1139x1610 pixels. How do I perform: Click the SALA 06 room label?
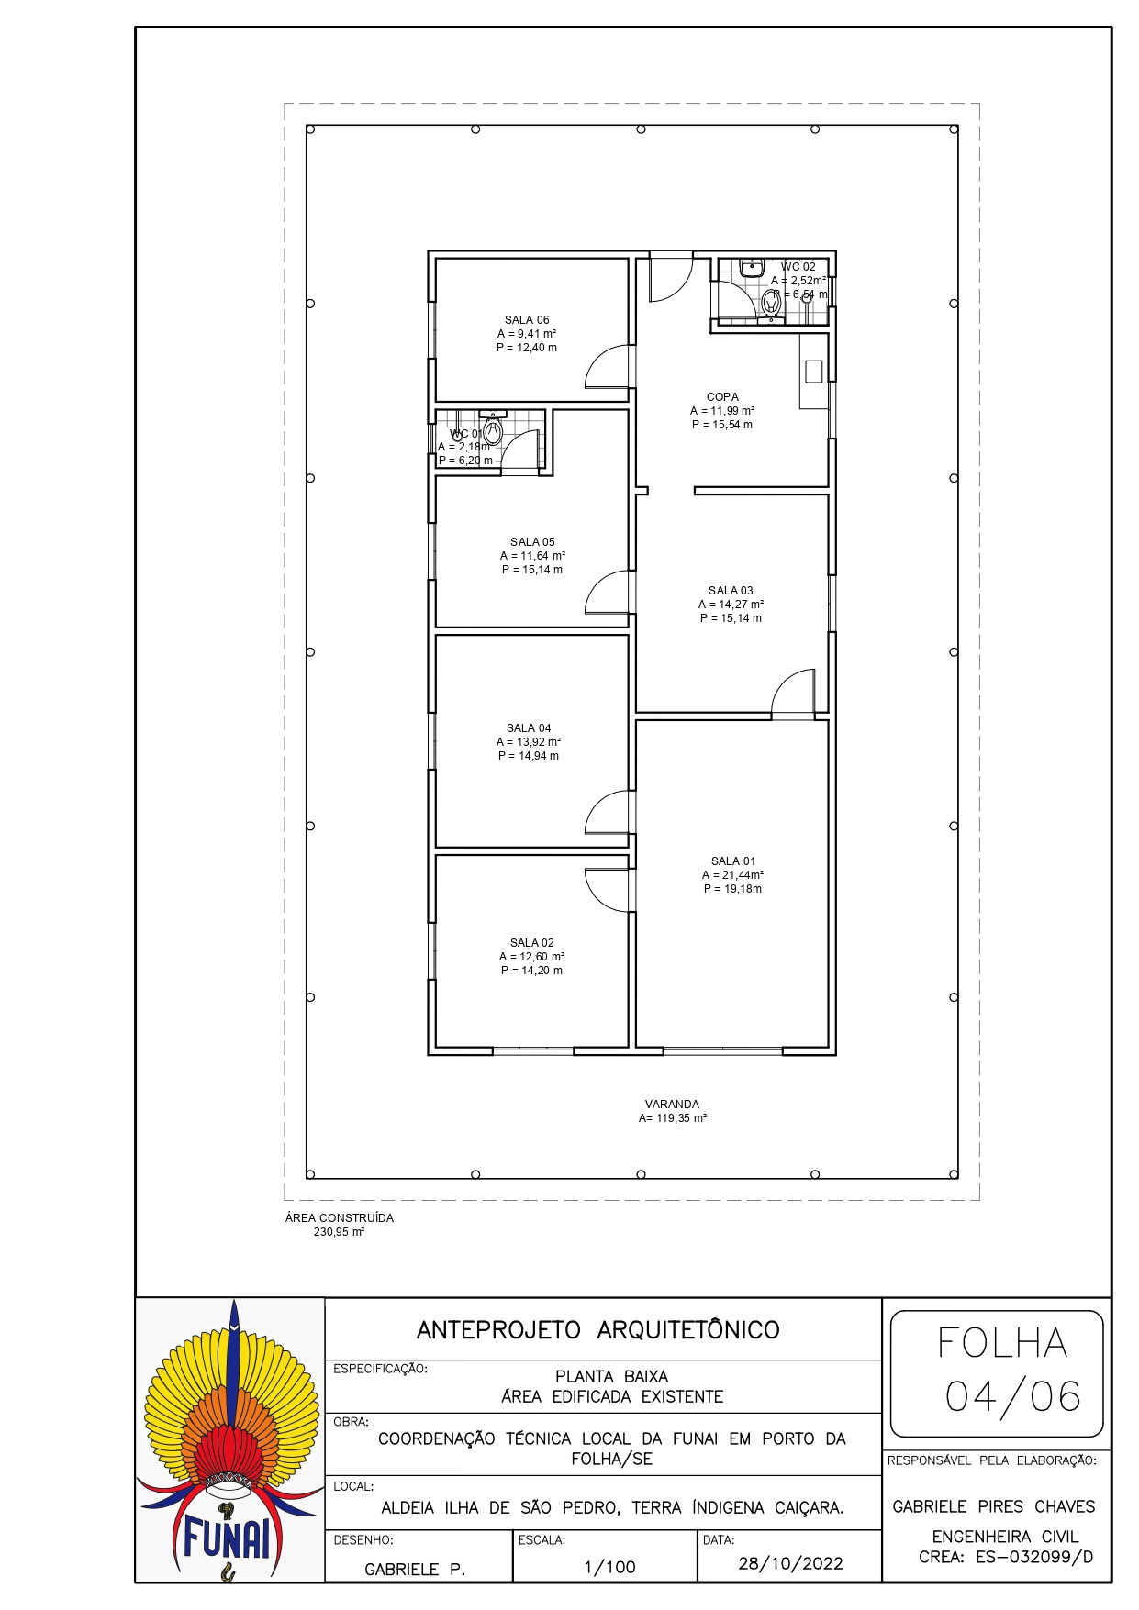527,320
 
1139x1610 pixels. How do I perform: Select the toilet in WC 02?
771,304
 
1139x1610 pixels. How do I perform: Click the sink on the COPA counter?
813,372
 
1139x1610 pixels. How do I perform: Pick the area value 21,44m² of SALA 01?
732,875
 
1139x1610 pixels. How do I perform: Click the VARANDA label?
672,1105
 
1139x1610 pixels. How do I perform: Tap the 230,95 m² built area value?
340,1232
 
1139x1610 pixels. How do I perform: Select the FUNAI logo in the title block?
230,1440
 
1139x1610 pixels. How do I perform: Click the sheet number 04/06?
1012,1396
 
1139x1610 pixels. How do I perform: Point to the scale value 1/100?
609,1567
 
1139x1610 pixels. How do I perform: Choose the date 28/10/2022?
790,1563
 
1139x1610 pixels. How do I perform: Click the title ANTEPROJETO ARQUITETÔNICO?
597,1330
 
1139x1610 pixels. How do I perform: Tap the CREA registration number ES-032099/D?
1033,1557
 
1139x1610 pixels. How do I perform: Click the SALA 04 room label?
529,728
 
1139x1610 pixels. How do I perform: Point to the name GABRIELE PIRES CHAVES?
994,1506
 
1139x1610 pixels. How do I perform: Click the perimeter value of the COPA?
722,425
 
